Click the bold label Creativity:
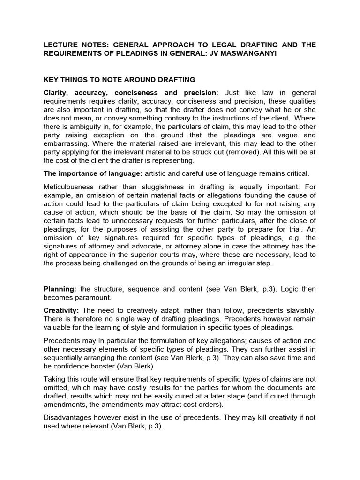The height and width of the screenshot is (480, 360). [x=61, y=310]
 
